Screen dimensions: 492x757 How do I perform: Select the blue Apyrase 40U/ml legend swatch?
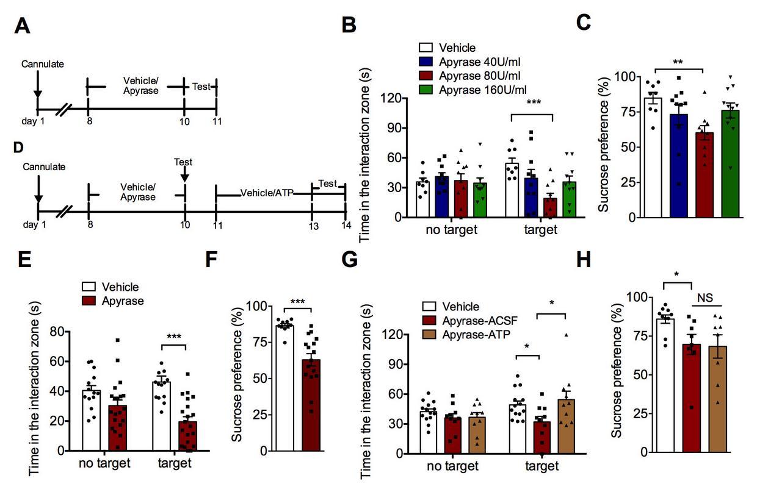[x=426, y=61]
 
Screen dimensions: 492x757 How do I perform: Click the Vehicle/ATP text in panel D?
[x=267, y=193]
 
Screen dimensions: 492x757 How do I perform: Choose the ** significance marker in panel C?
[x=676, y=63]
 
